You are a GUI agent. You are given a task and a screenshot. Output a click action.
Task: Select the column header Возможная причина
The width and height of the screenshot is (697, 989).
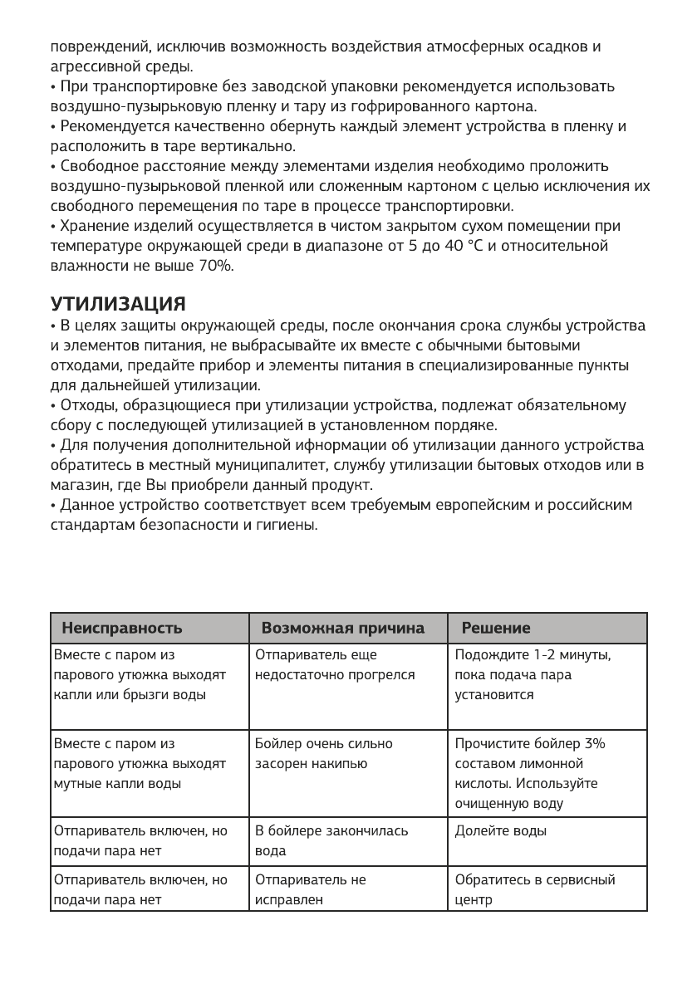[x=342, y=628]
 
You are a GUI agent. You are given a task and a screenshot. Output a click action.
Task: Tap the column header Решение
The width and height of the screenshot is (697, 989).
[x=496, y=628]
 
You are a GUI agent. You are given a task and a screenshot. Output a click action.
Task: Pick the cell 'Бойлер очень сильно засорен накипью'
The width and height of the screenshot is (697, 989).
[x=324, y=753]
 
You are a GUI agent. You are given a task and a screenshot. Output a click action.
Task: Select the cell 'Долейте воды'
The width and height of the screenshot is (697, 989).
[x=500, y=830]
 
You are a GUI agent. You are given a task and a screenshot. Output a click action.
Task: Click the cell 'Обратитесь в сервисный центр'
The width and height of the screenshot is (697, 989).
[x=535, y=889]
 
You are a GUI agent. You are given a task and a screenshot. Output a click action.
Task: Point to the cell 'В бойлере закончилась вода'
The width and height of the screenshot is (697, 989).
[x=331, y=840]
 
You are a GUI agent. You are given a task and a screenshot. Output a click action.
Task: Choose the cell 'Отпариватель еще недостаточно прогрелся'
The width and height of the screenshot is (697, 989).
[x=334, y=666]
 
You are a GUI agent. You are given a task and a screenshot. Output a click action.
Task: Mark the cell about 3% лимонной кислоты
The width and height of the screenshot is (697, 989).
[x=529, y=773]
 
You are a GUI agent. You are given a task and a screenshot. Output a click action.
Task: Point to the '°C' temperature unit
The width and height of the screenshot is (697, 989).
[x=475, y=247]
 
